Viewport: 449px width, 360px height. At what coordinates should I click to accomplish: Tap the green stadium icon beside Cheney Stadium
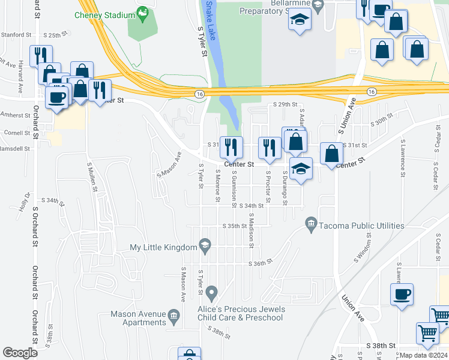142,11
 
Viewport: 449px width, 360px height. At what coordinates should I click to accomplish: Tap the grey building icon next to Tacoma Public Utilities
311,225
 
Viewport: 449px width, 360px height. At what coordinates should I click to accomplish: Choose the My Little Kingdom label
163,247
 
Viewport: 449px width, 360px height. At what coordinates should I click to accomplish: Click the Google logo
20,353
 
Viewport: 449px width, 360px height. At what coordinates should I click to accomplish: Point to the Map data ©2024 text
423,355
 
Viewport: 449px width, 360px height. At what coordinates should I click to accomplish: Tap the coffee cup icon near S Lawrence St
402,295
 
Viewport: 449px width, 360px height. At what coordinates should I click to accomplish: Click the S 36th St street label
262,262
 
